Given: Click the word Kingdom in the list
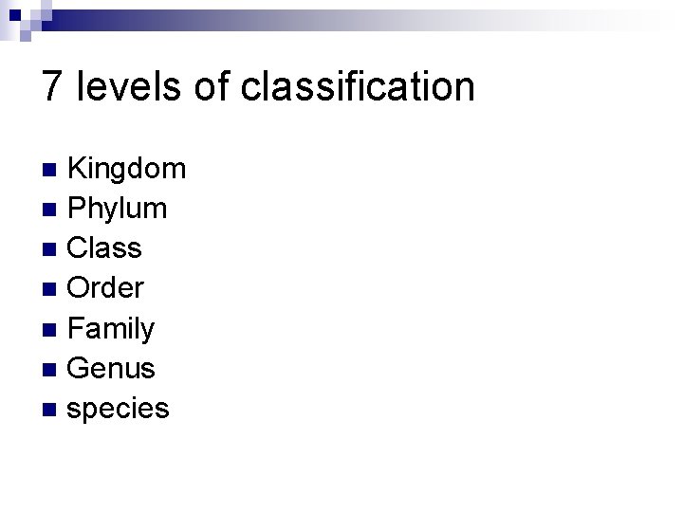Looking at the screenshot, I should (x=128, y=170).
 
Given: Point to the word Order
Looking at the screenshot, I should (x=105, y=288).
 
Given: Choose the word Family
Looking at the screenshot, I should (x=112, y=329).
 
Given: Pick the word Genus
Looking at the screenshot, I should (x=112, y=368).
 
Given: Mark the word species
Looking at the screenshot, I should (x=119, y=409).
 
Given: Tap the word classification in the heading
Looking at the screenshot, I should (x=358, y=86).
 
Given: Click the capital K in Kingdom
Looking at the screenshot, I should (x=79, y=170).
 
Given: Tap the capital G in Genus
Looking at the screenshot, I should (x=80, y=368).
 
